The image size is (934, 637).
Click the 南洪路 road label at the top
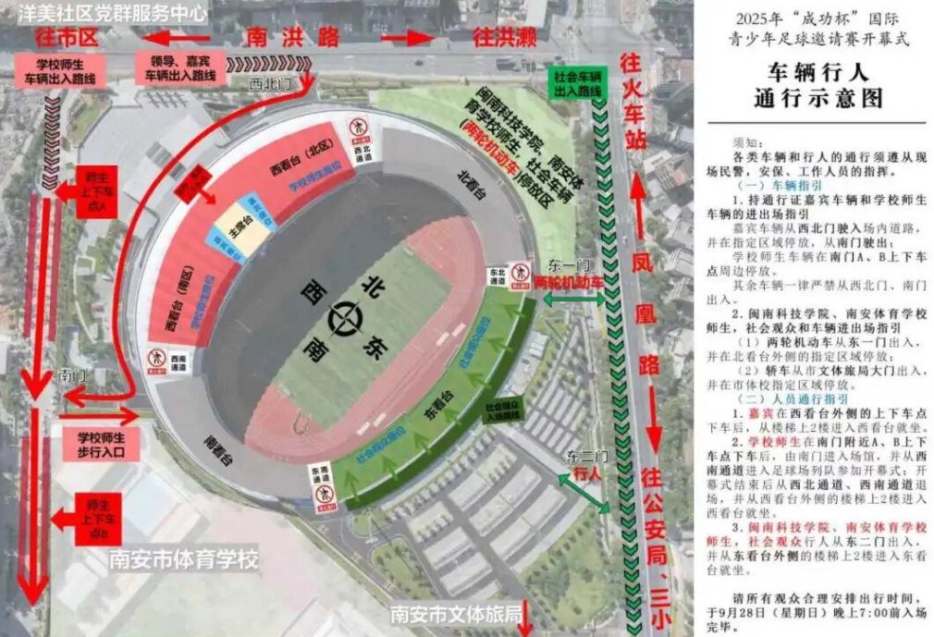pos(292,37)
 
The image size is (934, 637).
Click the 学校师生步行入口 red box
pos(102,443)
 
